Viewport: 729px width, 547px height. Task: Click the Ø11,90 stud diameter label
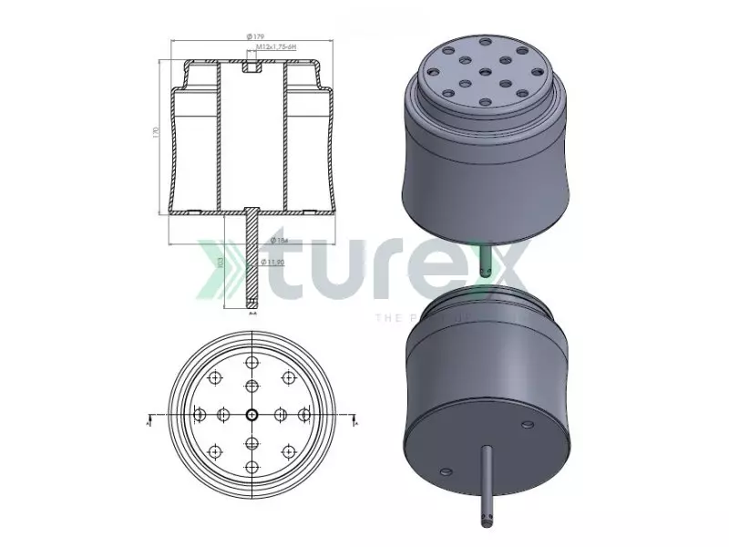pyautogui.click(x=274, y=263)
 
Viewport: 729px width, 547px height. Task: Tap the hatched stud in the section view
pyautogui.click(x=252, y=260)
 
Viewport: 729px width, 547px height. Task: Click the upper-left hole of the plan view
pyautogui.click(x=215, y=378)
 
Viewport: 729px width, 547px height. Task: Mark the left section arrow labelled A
pyautogui.click(x=149, y=422)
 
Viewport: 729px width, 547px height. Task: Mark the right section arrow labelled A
pyautogui.click(x=355, y=422)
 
